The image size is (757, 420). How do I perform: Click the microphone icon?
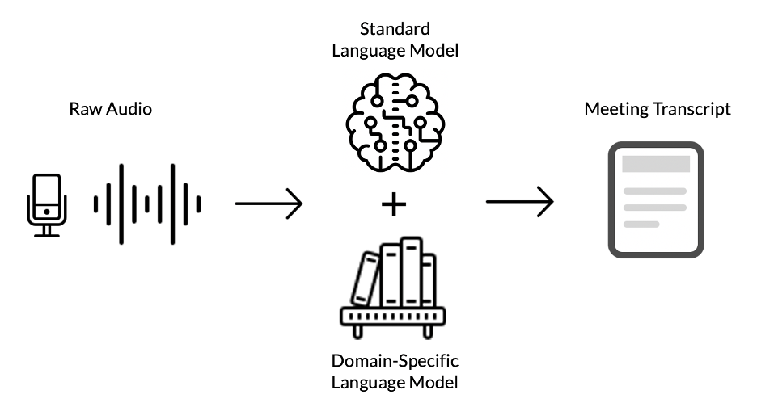pyautogui.click(x=46, y=204)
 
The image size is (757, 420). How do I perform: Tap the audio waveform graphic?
pyautogui.click(x=146, y=204)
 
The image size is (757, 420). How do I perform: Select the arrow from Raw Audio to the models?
pyautogui.click(x=269, y=204)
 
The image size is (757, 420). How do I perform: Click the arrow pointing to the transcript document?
pyautogui.click(x=519, y=202)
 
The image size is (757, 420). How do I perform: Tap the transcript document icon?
pyautogui.click(x=656, y=199)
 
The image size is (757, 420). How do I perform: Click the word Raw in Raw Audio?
pyautogui.click(x=83, y=108)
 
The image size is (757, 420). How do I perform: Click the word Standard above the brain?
pyautogui.click(x=394, y=30)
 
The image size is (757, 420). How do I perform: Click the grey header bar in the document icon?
pyautogui.click(x=655, y=163)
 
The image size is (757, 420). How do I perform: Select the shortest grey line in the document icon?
pyautogui.click(x=641, y=224)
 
